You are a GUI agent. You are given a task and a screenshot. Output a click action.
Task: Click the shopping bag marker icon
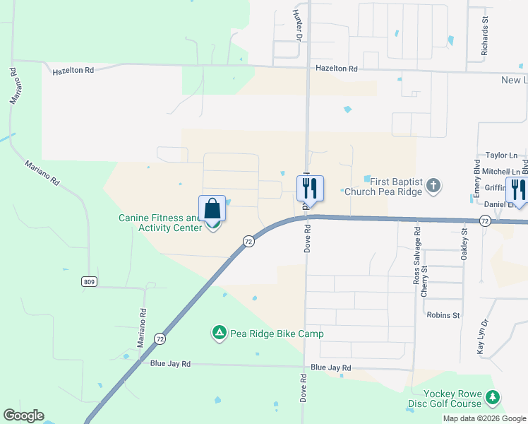point(212,210)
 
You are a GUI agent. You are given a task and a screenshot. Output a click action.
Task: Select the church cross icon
point(433,186)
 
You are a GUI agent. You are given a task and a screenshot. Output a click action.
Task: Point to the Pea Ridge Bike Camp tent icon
point(220,332)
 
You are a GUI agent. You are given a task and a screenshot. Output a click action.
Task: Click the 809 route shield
point(88,282)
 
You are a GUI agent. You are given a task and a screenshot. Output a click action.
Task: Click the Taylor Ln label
point(501,155)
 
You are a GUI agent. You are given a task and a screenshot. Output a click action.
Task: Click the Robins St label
point(443,315)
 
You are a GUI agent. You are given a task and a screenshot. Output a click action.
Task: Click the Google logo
point(23,416)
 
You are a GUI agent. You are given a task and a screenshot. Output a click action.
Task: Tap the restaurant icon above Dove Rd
point(310,189)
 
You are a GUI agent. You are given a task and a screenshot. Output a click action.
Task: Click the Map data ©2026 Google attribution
point(485,418)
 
